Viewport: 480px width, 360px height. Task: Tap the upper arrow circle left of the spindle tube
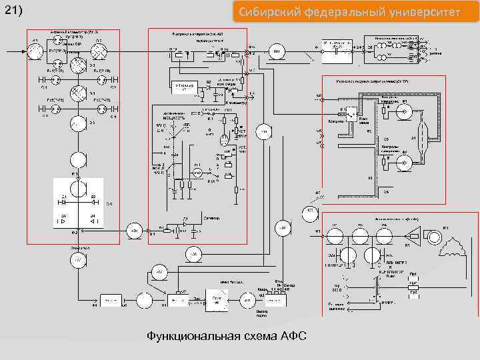(x=403, y=112)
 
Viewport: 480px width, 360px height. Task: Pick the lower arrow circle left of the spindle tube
(x=403, y=161)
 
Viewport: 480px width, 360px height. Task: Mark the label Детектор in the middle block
(x=193, y=219)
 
